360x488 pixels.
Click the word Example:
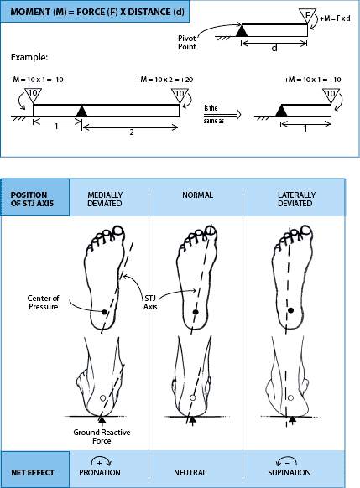(30, 60)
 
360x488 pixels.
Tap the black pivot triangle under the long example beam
(81, 110)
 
